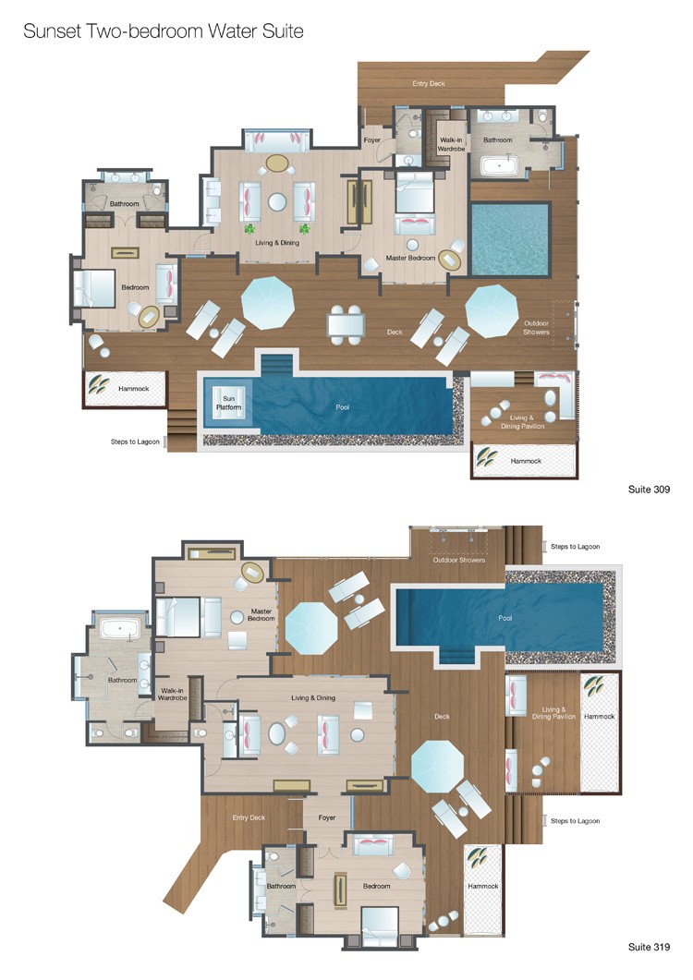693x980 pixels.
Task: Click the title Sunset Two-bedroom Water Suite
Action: [x=164, y=31]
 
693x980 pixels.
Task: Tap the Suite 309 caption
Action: [x=649, y=490]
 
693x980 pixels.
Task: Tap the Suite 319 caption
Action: [x=649, y=947]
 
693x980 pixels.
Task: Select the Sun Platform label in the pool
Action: [x=229, y=403]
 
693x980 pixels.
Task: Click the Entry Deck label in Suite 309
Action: [x=429, y=83]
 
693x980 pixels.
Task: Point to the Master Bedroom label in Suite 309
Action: [x=410, y=258]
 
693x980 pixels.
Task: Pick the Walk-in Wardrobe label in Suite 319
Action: [x=172, y=694]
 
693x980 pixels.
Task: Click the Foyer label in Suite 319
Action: [x=326, y=817]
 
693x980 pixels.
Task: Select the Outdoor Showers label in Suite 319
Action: [x=459, y=560]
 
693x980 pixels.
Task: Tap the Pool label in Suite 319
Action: [x=505, y=618]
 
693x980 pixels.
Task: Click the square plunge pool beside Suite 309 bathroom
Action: [x=510, y=239]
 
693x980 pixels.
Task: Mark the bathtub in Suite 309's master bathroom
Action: [x=498, y=166]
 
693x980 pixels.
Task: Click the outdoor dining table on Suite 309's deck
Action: [x=346, y=324]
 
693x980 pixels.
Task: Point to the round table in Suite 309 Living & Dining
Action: [x=277, y=201]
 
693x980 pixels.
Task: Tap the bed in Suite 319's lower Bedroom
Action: [x=380, y=923]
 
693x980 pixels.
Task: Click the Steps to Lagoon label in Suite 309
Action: [x=135, y=442]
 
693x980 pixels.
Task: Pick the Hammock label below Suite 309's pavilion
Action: [x=526, y=461]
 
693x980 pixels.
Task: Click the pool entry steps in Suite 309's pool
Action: [x=276, y=364]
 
